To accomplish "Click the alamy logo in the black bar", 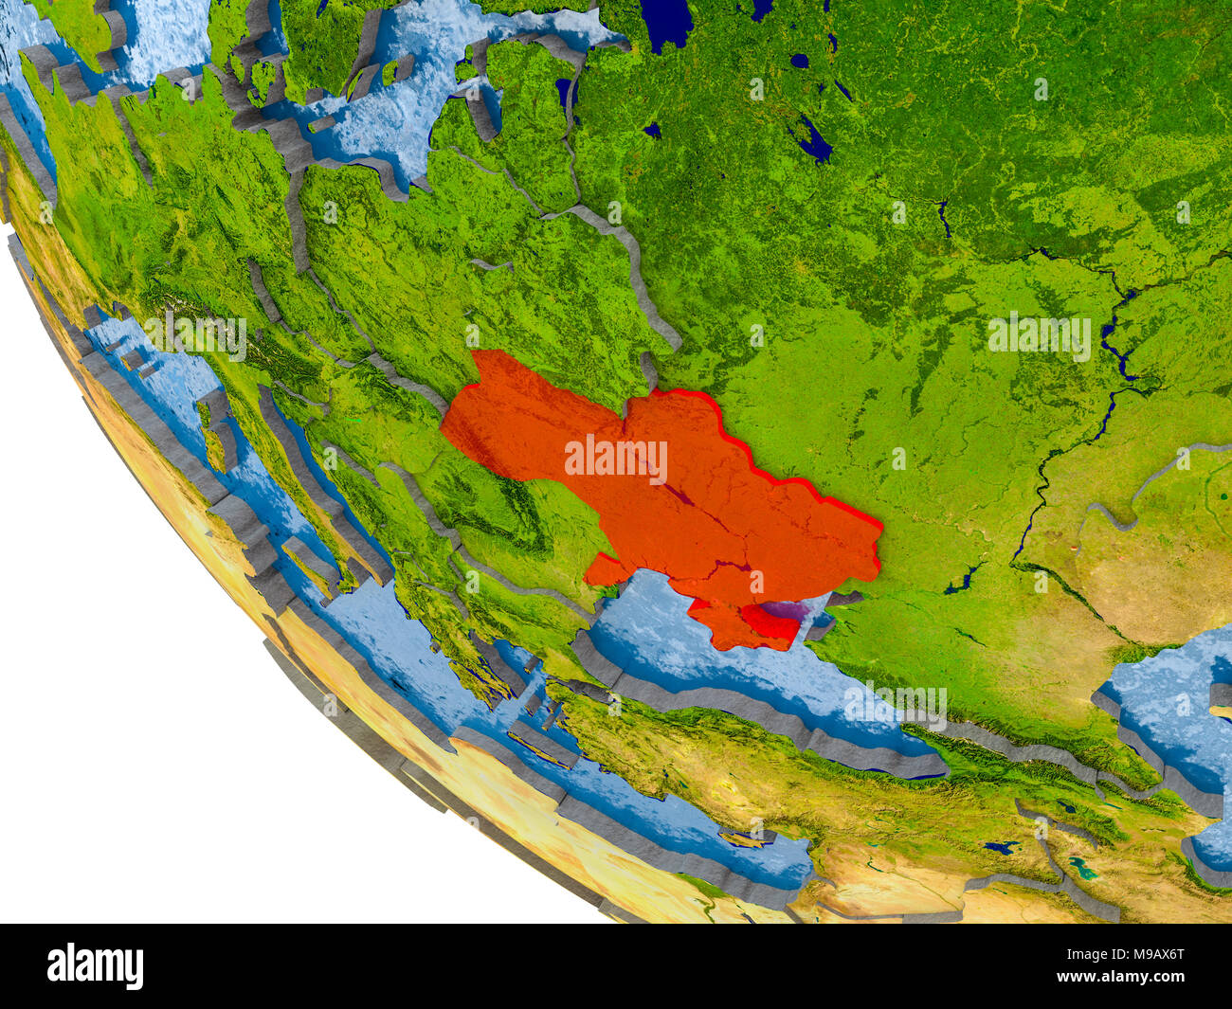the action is click(x=95, y=966).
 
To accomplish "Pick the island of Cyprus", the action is click(x=749, y=838).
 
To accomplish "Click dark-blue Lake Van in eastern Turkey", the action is click(x=1001, y=847).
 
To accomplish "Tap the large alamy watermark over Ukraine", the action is click(x=616, y=460).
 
